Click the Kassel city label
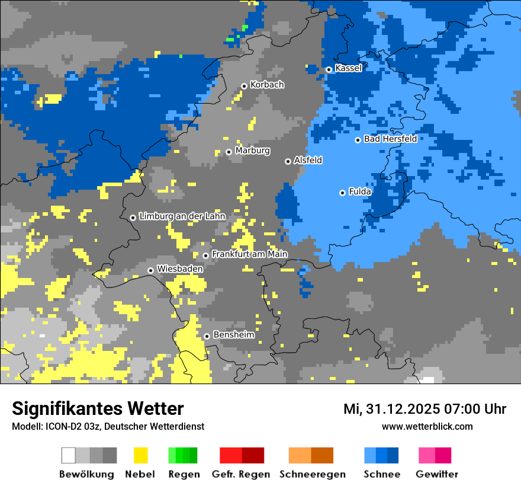(x=348, y=68)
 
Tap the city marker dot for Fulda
(x=342, y=193)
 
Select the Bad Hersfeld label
(x=390, y=139)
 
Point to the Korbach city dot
(x=244, y=86)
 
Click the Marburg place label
(x=252, y=151)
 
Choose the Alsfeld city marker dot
(x=288, y=161)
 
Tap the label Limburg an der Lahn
(x=182, y=216)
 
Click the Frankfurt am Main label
(x=249, y=254)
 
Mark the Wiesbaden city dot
(x=150, y=270)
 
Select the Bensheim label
(x=233, y=335)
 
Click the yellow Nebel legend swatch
(x=140, y=455)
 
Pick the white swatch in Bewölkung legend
(x=69, y=455)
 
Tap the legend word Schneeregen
(x=312, y=474)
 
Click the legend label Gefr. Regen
(x=241, y=474)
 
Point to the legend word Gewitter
(x=436, y=474)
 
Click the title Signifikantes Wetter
(x=98, y=408)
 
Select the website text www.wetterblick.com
(x=427, y=426)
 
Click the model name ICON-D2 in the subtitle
(x=60, y=426)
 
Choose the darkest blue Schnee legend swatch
(x=393, y=455)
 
